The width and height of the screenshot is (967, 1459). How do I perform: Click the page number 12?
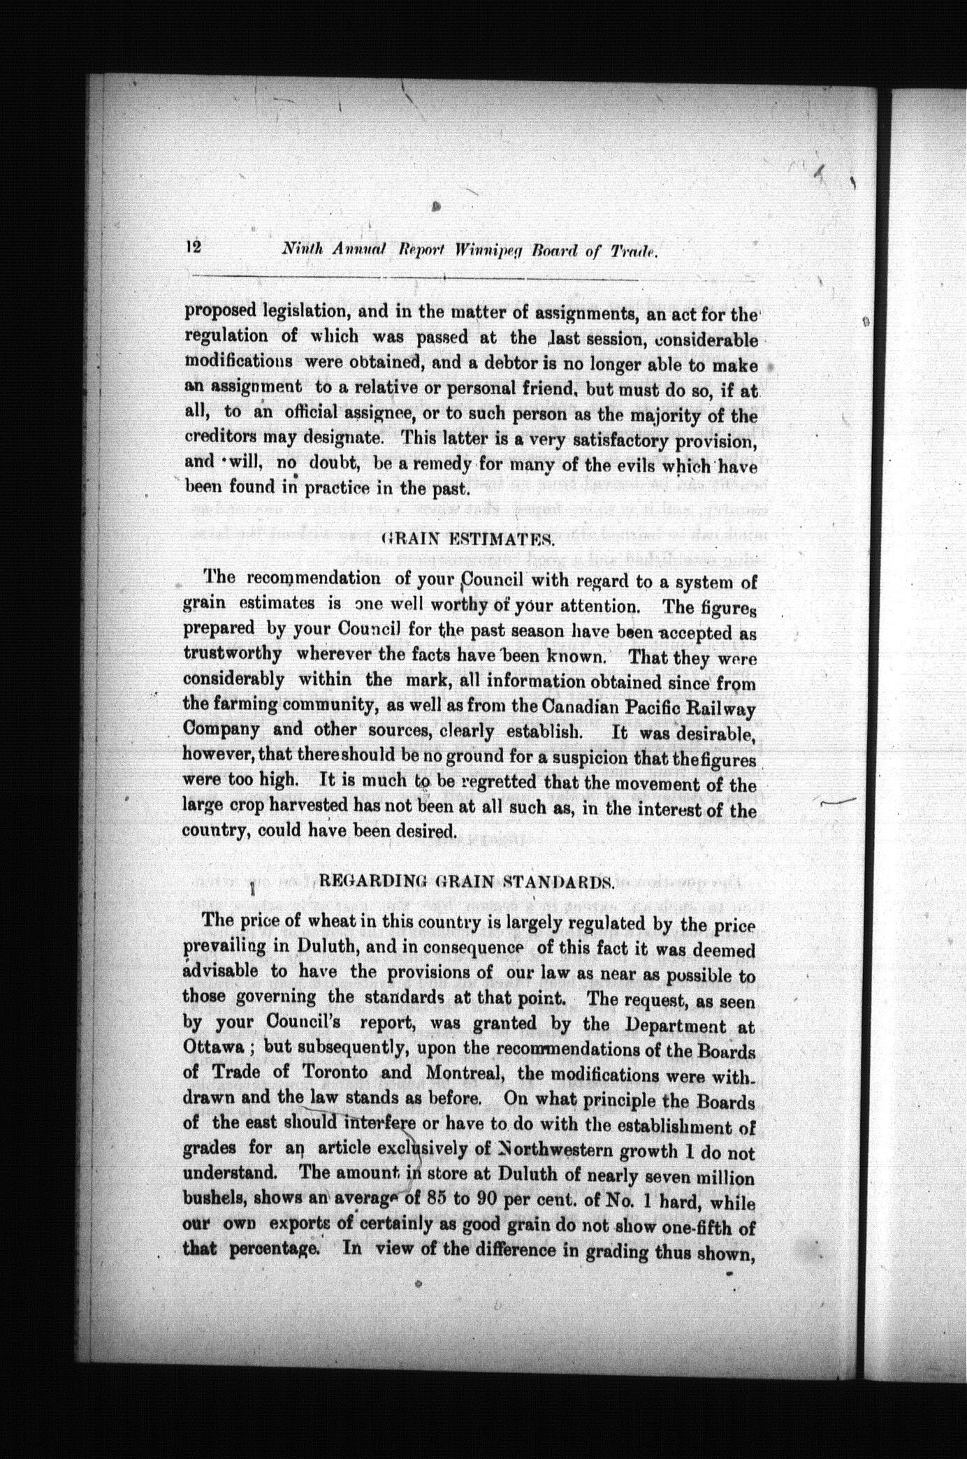point(194,247)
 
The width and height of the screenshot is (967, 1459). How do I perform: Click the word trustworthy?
point(233,655)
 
